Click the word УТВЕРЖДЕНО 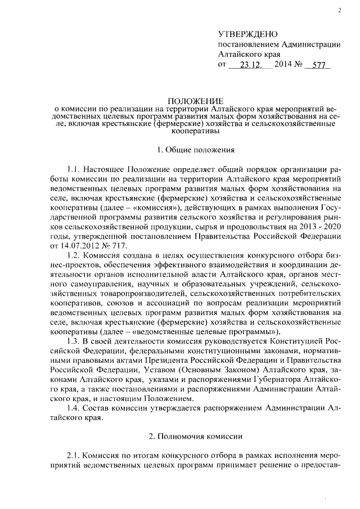(x=247, y=35)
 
